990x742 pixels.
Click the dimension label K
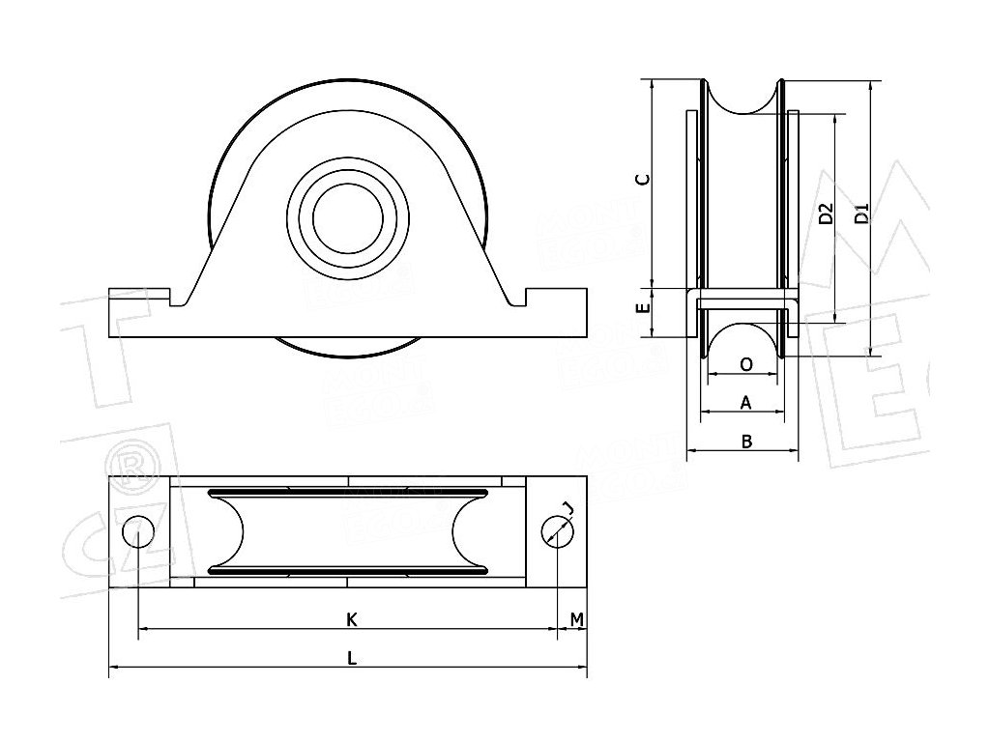tap(352, 618)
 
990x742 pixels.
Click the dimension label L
tap(352, 657)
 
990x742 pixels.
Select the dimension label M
tap(576, 618)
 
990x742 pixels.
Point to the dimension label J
tap(568, 509)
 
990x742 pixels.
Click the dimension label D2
tap(825, 214)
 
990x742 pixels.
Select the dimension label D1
tap(862, 214)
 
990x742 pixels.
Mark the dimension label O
tap(745, 364)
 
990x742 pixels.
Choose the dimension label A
tap(745, 401)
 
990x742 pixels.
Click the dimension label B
tap(745, 442)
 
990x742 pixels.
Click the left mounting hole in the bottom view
tap(138, 531)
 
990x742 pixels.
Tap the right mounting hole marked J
tap(557, 531)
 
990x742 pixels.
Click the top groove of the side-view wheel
tap(743, 97)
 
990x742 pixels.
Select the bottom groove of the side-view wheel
tap(743, 338)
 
